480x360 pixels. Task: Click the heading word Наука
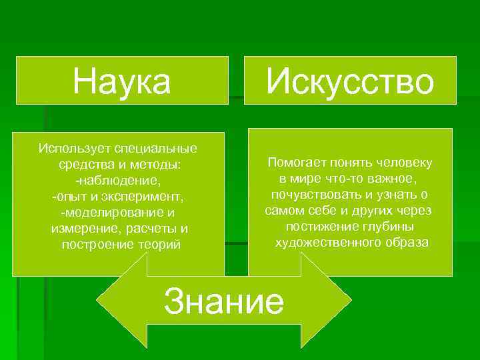(122, 81)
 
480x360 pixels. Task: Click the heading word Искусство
(350, 81)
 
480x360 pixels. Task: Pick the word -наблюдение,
(118, 180)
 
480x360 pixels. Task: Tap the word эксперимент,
(151, 197)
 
